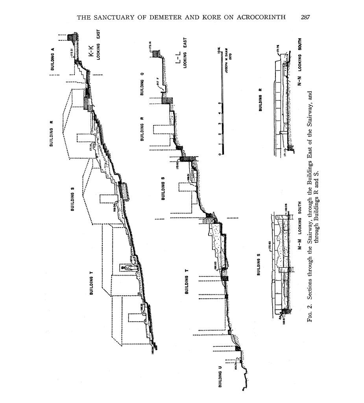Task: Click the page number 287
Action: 305,17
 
